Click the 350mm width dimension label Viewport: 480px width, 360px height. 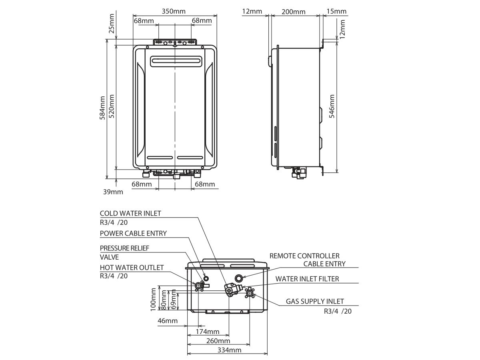[174, 11]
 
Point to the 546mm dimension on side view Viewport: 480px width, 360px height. [332, 105]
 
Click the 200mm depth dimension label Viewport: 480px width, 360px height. [293, 12]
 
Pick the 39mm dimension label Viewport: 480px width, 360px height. [113, 192]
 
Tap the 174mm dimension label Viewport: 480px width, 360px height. [208, 332]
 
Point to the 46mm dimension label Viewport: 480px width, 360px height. [168, 321]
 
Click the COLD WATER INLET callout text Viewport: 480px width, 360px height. [130, 214]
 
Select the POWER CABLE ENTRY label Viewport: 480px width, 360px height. [133, 233]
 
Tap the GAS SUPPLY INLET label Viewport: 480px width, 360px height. [314, 302]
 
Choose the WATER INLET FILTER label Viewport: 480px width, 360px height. [307, 279]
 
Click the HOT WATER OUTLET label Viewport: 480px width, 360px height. [132, 267]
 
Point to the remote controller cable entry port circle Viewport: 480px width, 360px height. [239, 278]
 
